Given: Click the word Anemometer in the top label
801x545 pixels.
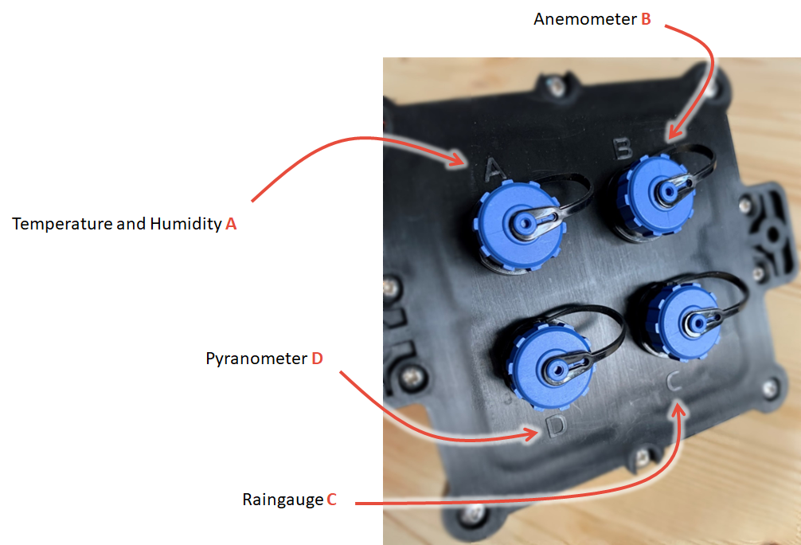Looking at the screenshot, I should click(585, 19).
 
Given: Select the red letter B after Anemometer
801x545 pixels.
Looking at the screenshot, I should click(646, 19).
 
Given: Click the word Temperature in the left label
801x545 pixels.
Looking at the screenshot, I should click(61, 224).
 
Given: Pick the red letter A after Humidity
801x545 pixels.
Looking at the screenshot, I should click(231, 224).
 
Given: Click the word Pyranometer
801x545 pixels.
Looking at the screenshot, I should click(256, 359).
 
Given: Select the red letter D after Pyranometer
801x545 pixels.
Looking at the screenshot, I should click(317, 359).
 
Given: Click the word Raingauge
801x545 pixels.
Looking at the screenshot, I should click(283, 500).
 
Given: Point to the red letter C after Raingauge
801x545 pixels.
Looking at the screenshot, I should click(331, 500).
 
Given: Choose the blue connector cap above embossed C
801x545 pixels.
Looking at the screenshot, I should click(683, 320).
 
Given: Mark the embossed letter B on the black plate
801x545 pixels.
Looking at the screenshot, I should click(622, 146).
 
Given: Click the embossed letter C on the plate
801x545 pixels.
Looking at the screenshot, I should click(673, 382).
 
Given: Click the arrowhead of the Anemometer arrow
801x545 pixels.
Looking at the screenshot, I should click(670, 136).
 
